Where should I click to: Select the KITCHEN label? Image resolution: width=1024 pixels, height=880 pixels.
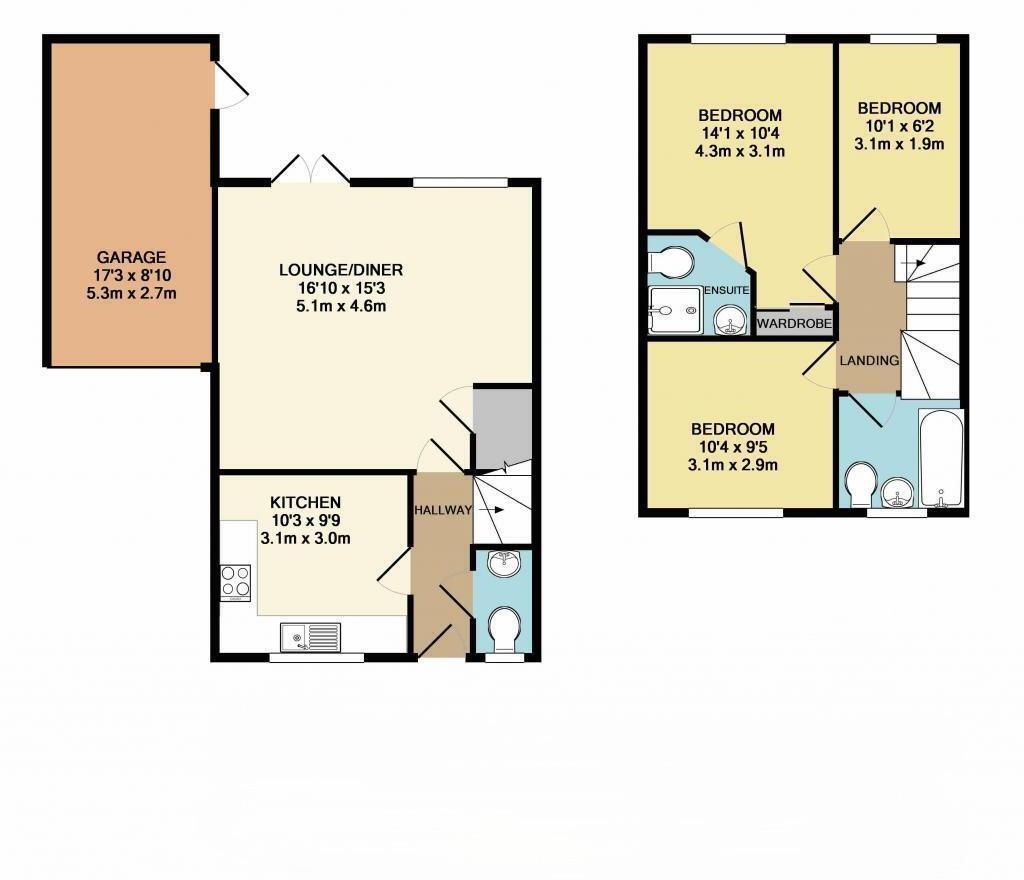click(x=306, y=502)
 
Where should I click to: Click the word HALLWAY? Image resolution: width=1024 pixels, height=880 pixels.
click(x=443, y=510)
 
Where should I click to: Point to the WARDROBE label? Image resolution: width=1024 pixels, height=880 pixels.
click(x=795, y=324)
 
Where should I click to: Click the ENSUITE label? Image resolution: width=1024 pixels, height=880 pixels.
click(x=726, y=290)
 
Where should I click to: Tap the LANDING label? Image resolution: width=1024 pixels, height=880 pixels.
click(x=869, y=360)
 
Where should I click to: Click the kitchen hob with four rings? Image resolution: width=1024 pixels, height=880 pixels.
click(x=236, y=582)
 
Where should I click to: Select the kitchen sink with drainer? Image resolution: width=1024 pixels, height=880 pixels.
click(x=311, y=636)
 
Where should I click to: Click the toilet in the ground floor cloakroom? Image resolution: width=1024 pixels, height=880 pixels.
click(x=503, y=630)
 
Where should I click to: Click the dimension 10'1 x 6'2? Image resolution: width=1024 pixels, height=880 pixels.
click(x=899, y=126)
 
